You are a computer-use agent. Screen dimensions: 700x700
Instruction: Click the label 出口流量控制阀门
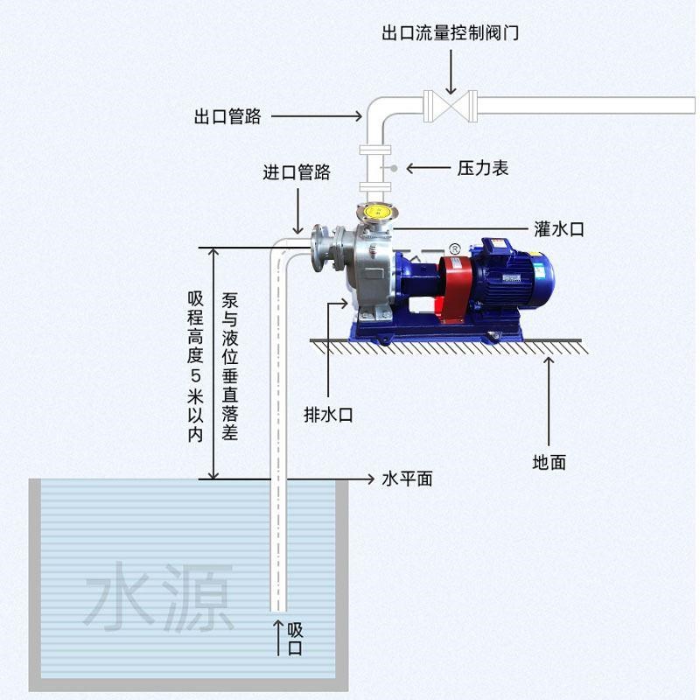451,34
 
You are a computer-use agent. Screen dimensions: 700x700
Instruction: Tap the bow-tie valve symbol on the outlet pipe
451,107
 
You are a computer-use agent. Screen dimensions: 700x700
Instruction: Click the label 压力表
483,168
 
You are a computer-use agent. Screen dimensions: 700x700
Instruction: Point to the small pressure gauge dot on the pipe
395,168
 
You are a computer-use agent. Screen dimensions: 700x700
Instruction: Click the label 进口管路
297,172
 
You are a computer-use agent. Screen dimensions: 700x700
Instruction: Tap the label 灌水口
558,229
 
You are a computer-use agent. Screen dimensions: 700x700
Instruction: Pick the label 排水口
328,415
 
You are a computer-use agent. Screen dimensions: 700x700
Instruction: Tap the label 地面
549,462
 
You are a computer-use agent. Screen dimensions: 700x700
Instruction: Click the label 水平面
408,479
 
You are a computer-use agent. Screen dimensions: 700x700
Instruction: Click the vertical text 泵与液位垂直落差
230,366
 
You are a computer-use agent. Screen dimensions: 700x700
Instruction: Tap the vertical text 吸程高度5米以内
195,366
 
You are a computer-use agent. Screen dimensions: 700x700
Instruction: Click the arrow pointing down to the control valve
451,71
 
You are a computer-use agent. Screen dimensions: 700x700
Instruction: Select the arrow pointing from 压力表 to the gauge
428,168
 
